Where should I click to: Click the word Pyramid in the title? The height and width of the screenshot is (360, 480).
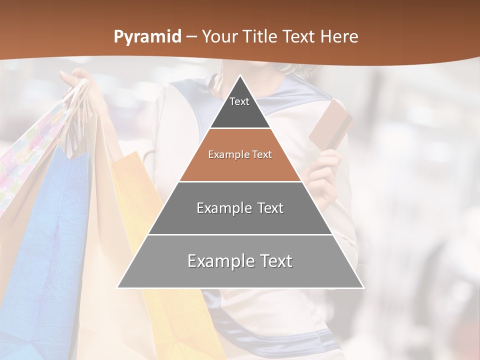pos(147,37)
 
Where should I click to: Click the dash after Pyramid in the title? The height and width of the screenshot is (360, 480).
pos(191,37)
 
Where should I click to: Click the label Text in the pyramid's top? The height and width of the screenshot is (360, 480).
pos(239,101)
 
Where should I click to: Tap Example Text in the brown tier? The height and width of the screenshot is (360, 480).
pos(240,154)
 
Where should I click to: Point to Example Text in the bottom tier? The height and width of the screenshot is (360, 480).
pos(240,261)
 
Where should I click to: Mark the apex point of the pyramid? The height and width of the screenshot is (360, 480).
pos(240,76)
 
